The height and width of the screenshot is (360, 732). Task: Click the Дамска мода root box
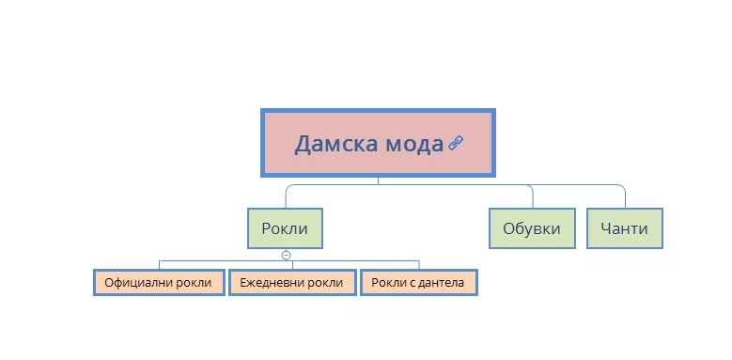[378, 143]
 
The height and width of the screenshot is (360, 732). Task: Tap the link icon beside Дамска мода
[456, 143]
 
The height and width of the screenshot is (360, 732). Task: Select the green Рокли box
[285, 228]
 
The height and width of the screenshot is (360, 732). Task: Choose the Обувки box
[532, 228]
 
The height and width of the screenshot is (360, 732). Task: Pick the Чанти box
[624, 228]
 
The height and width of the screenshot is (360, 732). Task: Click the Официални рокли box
[159, 283]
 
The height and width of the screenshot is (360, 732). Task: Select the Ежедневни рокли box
[292, 283]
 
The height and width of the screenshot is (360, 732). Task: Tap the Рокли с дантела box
[419, 283]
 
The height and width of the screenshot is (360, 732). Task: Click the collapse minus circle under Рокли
[287, 256]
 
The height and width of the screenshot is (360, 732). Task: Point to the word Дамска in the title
[336, 144]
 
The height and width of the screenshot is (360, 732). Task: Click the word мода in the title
[414, 145]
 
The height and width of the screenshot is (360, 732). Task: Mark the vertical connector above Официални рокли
[159, 265]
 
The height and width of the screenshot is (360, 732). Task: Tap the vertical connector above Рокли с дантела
[419, 265]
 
